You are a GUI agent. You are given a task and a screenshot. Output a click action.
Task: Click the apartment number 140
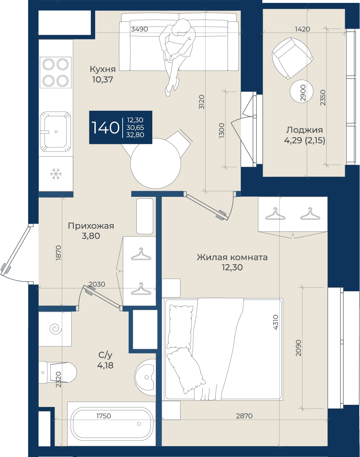pyautogui.click(x=105, y=128)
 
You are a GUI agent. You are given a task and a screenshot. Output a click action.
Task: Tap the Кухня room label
pyautogui.click(x=103, y=69)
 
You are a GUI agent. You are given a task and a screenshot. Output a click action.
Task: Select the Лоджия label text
pyautogui.click(x=304, y=130)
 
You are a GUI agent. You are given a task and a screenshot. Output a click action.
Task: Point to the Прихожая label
pyautogui.click(x=91, y=226)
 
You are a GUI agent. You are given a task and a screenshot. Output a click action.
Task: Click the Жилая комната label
pyautogui.click(x=232, y=257)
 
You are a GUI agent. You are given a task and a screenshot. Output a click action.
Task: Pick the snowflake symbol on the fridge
pyautogui.click(x=56, y=174)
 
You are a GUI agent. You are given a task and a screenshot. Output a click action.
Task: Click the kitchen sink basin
pyautogui.click(x=55, y=132)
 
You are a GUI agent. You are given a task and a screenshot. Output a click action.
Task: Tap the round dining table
pyautogui.click(x=156, y=163)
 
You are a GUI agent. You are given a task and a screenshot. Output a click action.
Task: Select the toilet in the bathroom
pyautogui.click(x=57, y=372)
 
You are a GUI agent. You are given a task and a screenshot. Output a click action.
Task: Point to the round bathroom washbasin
pyautogui.click(x=145, y=377)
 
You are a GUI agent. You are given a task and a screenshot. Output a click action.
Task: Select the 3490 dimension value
pyautogui.click(x=139, y=29)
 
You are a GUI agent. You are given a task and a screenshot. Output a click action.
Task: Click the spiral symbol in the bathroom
pyautogui.click(x=56, y=329)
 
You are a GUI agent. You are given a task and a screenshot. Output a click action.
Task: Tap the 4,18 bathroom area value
pyautogui.click(x=105, y=365)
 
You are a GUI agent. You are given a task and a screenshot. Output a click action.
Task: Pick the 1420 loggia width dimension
pyautogui.click(x=302, y=29)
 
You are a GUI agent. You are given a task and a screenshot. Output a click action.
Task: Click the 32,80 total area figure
pyautogui.click(x=135, y=135)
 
